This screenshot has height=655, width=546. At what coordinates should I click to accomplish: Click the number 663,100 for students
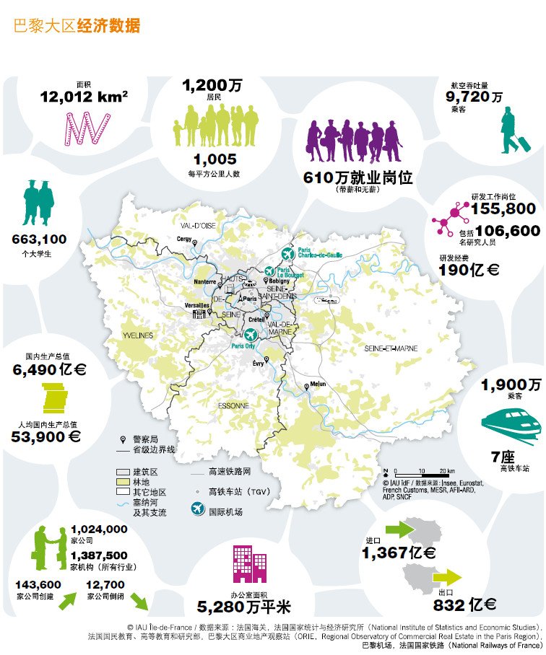click(x=39, y=239)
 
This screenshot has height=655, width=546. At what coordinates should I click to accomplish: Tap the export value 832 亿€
click(x=464, y=605)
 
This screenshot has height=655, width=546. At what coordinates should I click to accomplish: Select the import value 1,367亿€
click(x=399, y=553)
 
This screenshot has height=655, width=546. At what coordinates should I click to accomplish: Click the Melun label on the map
click(x=318, y=384)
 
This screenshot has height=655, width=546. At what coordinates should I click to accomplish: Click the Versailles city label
click(x=196, y=305)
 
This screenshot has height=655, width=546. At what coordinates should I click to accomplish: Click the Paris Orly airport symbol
click(x=250, y=334)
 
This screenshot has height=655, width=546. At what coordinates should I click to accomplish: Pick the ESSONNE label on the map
click(x=233, y=405)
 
